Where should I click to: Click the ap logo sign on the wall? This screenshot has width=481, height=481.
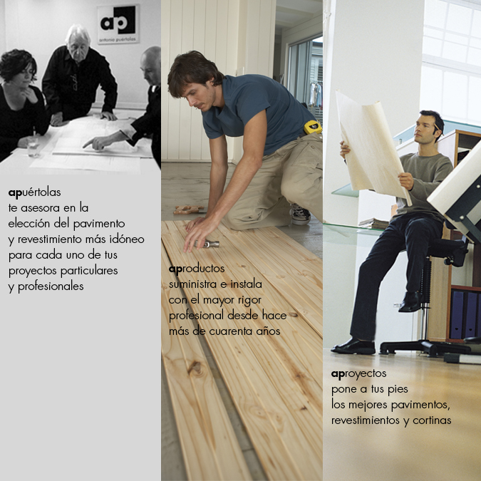[x=118, y=24]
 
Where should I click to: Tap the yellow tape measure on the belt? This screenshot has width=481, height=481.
[x=313, y=127]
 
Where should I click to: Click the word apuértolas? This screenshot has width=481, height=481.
[x=35, y=192]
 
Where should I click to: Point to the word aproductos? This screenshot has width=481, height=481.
[x=197, y=269]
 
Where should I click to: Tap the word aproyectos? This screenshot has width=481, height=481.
[x=358, y=374]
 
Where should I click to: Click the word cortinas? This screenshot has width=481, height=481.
[x=432, y=420]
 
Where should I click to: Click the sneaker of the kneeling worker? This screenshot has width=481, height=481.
[x=300, y=214]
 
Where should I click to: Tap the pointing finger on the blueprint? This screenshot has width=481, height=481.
[x=88, y=143]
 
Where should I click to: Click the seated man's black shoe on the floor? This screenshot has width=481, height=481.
[x=353, y=346]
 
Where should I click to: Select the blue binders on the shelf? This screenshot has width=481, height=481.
[x=465, y=314]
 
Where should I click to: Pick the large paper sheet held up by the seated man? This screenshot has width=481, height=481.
[x=373, y=148]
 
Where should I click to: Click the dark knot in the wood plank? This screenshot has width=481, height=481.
[x=195, y=367]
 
